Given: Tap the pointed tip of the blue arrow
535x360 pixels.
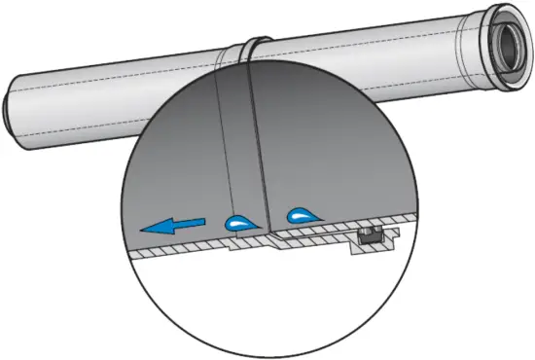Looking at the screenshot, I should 142,230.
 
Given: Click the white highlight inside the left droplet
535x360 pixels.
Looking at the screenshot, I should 233,223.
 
